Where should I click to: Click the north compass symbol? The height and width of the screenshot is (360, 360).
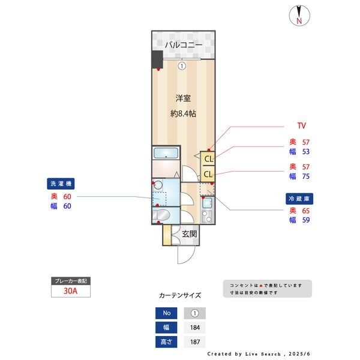tap(298, 16)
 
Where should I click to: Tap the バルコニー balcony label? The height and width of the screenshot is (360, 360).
tap(182, 45)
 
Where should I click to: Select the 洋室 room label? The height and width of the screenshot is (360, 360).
tap(183, 97)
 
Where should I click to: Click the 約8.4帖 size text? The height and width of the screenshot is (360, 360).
tap(183, 114)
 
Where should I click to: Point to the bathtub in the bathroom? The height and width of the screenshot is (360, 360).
tap(166, 154)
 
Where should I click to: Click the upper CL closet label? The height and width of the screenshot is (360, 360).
tap(208, 159)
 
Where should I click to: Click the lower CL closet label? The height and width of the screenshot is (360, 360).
tap(208, 174)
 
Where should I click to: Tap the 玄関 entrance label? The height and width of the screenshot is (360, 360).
tap(189, 234)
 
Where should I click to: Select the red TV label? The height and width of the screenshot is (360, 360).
tap(302, 125)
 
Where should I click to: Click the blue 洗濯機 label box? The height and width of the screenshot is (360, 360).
tap(62, 184)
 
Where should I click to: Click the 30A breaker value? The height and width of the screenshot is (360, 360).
tap(71, 292)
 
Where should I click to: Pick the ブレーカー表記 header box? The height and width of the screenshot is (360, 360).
tap(71, 281)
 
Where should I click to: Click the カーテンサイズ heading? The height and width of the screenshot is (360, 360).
tap(180, 295)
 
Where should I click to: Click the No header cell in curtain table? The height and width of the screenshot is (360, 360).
tap(166, 313)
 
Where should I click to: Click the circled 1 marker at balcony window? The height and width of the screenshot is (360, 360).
tap(181, 67)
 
